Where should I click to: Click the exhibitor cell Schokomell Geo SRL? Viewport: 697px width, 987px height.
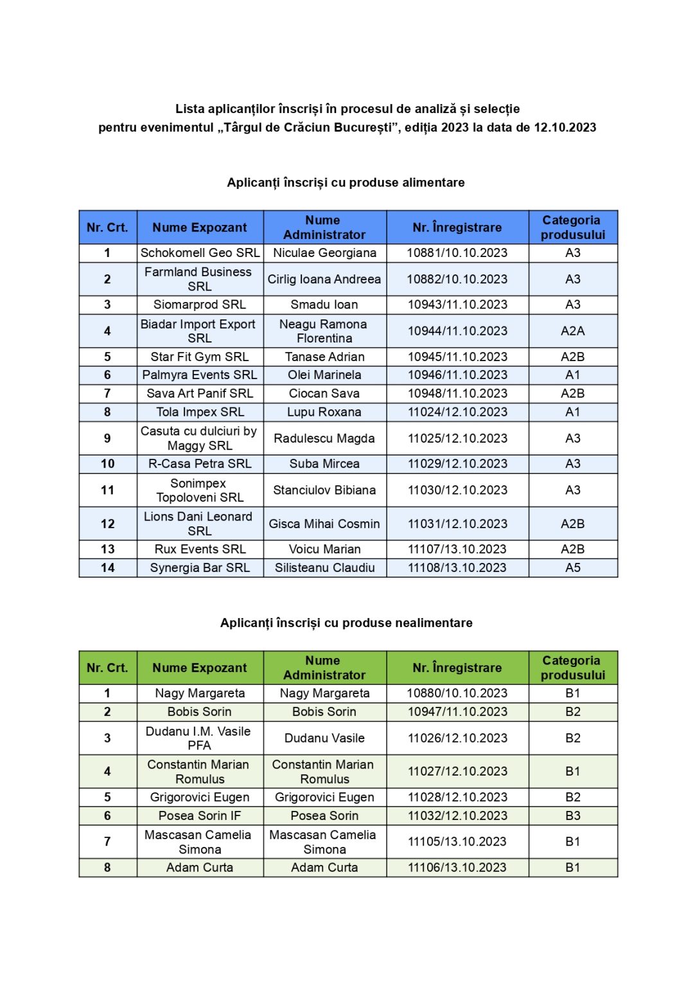click(x=200, y=253)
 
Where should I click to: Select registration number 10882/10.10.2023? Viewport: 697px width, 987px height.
click(x=457, y=280)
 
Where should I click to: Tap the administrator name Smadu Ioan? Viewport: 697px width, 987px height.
click(x=324, y=305)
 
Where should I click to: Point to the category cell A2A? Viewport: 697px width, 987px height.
click(x=572, y=331)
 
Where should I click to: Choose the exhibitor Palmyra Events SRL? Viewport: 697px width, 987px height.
click(x=200, y=375)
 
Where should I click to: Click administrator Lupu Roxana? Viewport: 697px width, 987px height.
click(x=324, y=412)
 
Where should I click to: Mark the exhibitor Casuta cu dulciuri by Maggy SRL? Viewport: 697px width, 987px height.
click(x=200, y=438)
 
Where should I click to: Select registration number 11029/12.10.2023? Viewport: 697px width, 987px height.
click(x=457, y=464)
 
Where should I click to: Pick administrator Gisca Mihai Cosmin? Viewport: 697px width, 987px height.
click(x=324, y=524)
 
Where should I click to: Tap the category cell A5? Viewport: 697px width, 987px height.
click(x=572, y=568)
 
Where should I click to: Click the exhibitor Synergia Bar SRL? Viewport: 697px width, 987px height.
click(x=200, y=568)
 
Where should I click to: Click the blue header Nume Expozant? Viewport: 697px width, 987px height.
click(x=200, y=227)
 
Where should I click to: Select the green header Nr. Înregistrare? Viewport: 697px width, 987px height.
click(x=457, y=668)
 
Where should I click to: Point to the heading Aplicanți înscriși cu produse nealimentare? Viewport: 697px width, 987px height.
click(x=346, y=623)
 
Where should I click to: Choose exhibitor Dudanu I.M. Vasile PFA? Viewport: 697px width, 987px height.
click(x=199, y=738)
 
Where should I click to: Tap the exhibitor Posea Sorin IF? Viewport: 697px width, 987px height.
click(x=200, y=816)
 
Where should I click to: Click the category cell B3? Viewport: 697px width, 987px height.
click(x=572, y=816)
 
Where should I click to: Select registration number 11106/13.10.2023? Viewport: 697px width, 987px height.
click(x=457, y=867)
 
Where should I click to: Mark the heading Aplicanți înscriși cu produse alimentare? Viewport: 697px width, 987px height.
click(x=346, y=182)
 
